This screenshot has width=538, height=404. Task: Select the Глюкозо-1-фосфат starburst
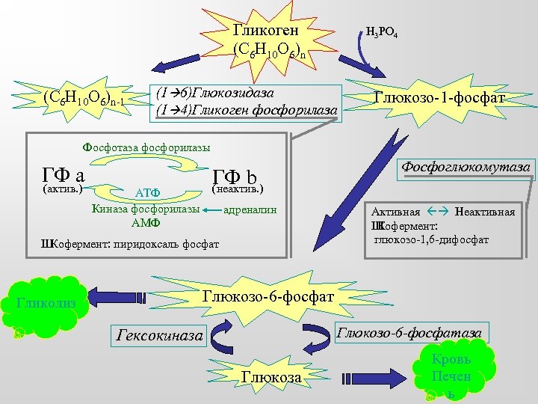pyautogui.click(x=439, y=99)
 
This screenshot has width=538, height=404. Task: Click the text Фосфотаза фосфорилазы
pyautogui.click(x=146, y=147)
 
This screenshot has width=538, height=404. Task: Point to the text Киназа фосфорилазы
pyautogui.click(x=146, y=209)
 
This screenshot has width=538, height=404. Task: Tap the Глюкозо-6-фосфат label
pyautogui.click(x=268, y=297)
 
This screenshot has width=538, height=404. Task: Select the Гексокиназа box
pyautogui.click(x=159, y=335)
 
